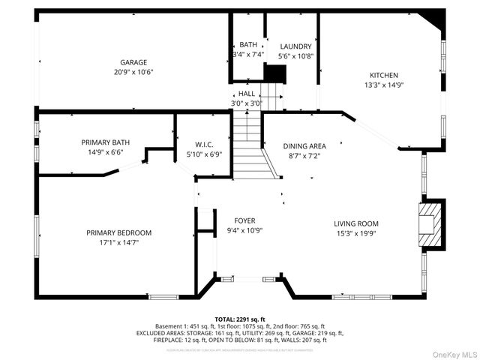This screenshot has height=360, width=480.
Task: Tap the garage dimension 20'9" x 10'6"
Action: pos(133,73)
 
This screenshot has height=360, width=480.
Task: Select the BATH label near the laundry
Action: pos(247,45)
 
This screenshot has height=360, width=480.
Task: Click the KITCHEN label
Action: pos(383,75)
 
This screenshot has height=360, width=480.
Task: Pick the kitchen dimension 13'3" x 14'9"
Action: pos(383,85)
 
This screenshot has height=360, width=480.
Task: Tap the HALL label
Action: pos(246,94)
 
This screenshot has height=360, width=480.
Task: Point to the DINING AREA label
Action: pos(304,146)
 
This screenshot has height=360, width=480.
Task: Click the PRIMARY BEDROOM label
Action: pos(118,232)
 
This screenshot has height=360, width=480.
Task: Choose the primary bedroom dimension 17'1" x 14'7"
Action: pos(118,243)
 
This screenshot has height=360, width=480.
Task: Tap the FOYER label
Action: pos(244,220)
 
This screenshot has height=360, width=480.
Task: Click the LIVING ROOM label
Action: pos(355,223)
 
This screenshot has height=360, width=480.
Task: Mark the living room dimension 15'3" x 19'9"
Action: pos(355,234)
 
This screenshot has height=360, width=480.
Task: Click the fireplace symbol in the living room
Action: pos(430,222)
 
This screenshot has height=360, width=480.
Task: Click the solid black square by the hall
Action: pos(276,73)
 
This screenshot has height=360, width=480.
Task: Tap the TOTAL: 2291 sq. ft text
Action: pos(239,319)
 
